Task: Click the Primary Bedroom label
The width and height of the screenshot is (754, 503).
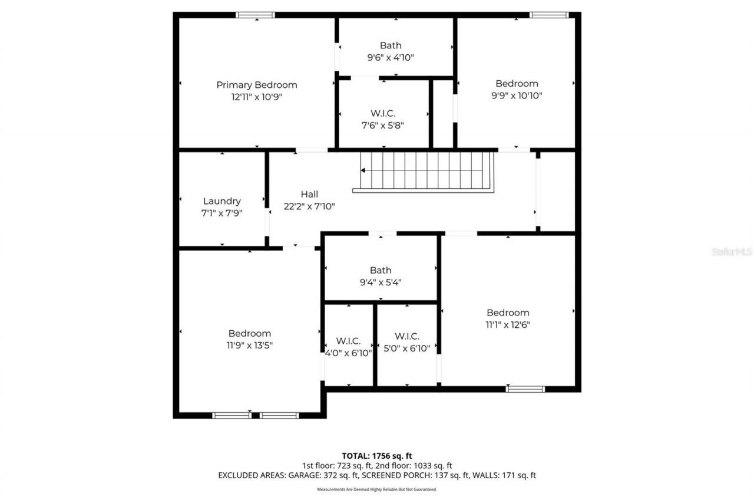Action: [256, 85]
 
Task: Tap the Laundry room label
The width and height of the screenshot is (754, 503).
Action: [221, 201]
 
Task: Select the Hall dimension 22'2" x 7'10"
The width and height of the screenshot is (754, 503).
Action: [309, 206]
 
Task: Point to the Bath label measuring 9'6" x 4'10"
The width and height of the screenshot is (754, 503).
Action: [391, 45]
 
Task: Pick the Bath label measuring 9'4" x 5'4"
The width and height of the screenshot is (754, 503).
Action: [381, 271]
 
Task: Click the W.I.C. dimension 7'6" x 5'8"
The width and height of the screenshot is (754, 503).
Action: [382, 125]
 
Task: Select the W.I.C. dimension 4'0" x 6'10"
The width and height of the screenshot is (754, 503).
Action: [349, 353]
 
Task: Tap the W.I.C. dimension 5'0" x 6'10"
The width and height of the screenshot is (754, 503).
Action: [407, 348]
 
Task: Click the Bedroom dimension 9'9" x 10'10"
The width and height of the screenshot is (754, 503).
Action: [516, 96]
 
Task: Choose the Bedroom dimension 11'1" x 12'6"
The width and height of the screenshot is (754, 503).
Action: [507, 324]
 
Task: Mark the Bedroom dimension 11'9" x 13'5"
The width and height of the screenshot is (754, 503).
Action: [250, 346]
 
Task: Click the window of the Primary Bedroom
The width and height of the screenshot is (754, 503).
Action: [255, 15]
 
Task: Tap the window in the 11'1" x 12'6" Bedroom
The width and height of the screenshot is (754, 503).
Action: [525, 389]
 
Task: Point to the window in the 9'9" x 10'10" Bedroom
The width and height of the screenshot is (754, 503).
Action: [548, 15]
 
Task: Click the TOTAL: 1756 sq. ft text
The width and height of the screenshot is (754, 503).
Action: [377, 456]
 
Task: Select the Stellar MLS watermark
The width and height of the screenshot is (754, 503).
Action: [732, 252]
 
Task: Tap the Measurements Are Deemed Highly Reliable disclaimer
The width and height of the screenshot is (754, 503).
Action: [377, 489]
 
